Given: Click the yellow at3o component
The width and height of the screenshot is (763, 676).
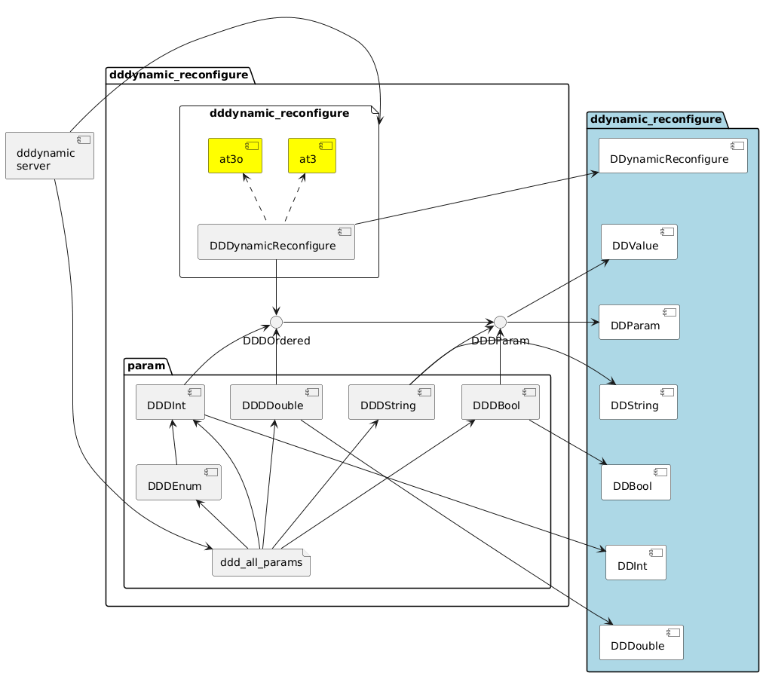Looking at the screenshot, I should coord(234,155).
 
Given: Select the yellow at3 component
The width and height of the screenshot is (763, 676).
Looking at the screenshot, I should coord(311,155).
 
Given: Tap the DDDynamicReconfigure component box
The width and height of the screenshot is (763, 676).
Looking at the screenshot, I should coord(276,242).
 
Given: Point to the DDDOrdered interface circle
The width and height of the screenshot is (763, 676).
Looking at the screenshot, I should coord(276,323).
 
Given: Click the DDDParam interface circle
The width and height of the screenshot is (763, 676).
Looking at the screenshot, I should coord(500,323).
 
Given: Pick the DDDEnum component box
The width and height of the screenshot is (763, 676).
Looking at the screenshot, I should coord(178,482).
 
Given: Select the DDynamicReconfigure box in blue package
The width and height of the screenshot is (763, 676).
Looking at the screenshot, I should coord(673,156).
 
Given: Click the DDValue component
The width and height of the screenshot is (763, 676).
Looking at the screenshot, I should coord(639,242).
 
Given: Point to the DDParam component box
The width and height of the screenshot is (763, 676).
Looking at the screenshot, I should coord(639,323).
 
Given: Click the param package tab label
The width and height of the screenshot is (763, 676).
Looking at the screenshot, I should coord(146,366).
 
